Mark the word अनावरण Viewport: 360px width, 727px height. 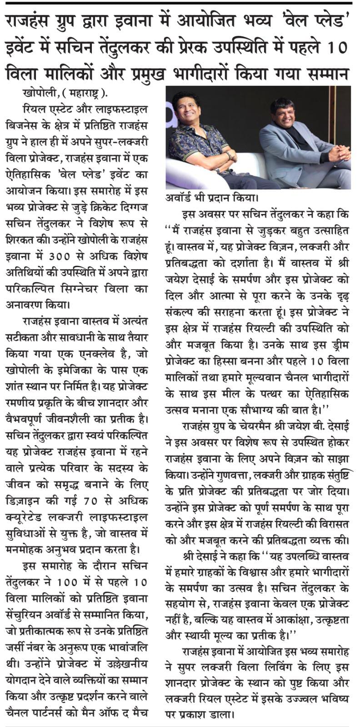click(26, 305)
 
